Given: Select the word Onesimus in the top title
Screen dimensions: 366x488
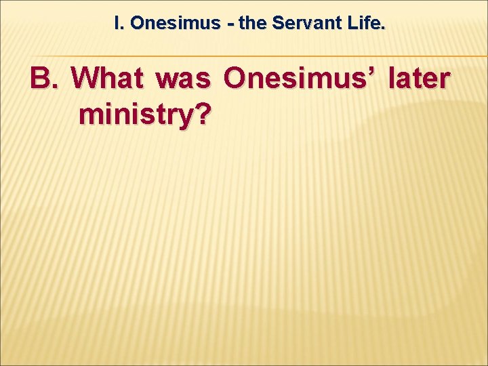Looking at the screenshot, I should click(x=175, y=24).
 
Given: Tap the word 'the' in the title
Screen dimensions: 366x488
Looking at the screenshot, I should click(x=252, y=24).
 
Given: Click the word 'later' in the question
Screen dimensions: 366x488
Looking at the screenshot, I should click(x=419, y=79).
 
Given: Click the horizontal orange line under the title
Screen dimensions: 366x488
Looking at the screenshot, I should click(x=271, y=56).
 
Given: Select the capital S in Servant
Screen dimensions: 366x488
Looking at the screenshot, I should click(x=277, y=24).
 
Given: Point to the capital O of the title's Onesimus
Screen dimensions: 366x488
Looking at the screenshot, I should click(x=136, y=24).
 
